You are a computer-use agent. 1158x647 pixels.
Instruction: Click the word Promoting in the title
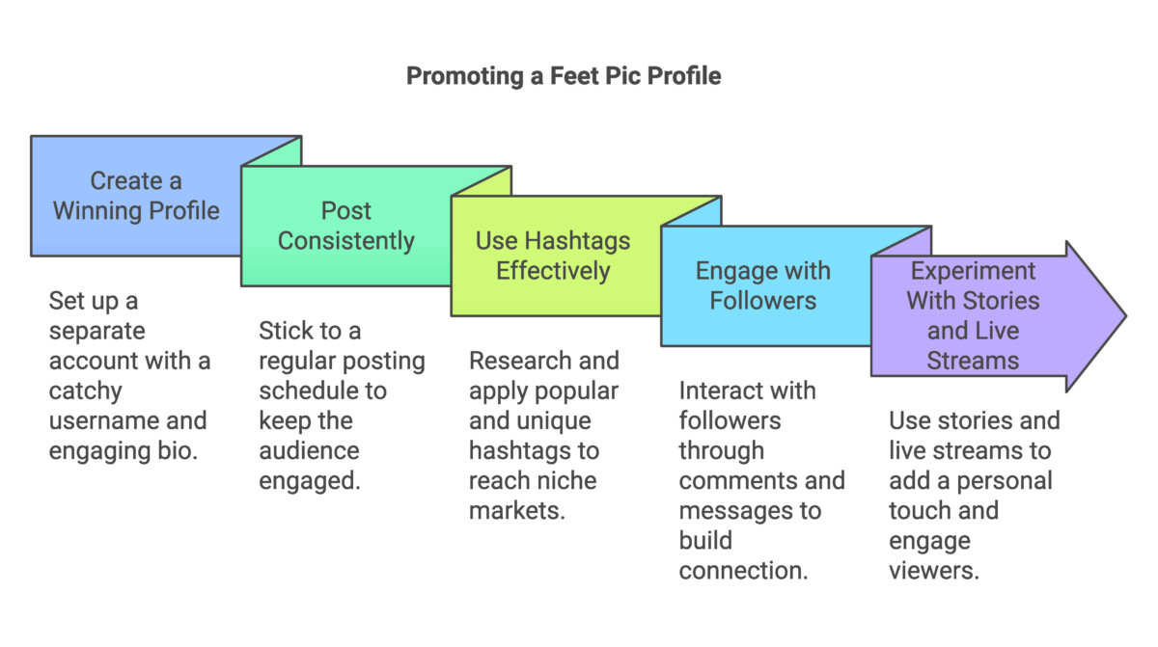(x=465, y=77)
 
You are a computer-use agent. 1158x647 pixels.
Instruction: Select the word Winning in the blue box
(x=91, y=210)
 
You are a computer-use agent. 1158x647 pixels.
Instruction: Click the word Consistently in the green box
(x=345, y=241)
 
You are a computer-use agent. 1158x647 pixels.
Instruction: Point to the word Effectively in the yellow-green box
(x=553, y=271)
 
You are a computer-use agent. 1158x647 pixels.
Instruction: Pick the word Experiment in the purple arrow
(x=973, y=272)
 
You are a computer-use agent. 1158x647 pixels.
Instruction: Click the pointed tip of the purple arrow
(x=1125, y=316)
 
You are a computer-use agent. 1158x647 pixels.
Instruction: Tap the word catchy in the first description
(x=85, y=391)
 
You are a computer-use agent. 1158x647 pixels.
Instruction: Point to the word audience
(x=309, y=451)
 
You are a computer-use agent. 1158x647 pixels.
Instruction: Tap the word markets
(x=517, y=511)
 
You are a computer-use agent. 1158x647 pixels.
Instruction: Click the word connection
(x=743, y=571)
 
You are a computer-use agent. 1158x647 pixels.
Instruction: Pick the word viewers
(x=934, y=571)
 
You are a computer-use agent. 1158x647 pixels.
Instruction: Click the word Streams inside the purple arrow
(x=973, y=361)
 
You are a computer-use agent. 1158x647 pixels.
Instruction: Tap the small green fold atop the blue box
(x=280, y=151)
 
